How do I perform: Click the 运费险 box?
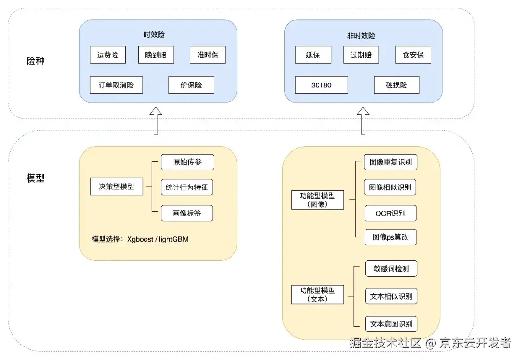[108, 55]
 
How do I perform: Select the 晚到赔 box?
[156, 55]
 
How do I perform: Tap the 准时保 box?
[207, 55]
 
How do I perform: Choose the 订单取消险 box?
[116, 85]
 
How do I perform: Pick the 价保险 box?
[191, 85]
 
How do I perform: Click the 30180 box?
[321, 85]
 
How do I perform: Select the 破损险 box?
[396, 85]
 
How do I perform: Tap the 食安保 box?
[413, 55]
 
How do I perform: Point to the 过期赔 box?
[361, 55]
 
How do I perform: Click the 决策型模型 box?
[116, 187]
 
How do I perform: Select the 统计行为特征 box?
[187, 187]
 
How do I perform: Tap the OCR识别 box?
[391, 213]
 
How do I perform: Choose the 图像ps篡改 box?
[391, 237]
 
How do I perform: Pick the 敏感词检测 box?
[391, 269]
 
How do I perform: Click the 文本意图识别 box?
[391, 323]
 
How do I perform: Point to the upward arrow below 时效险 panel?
[156, 121]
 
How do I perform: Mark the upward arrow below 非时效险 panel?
[363, 121]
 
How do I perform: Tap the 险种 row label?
[36, 61]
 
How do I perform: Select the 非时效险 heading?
[363, 36]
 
